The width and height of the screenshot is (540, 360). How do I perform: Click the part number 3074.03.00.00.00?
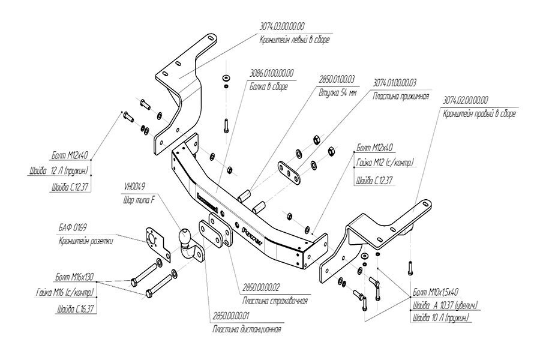tap(283, 27)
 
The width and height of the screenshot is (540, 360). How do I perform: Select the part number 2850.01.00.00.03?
tap(338, 79)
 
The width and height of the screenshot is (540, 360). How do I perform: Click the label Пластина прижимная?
tap(395, 96)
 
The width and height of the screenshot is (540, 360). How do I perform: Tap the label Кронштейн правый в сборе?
tap(478, 113)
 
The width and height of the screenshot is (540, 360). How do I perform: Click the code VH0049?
tap(134, 185)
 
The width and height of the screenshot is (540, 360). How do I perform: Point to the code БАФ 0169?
tap(73, 227)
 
